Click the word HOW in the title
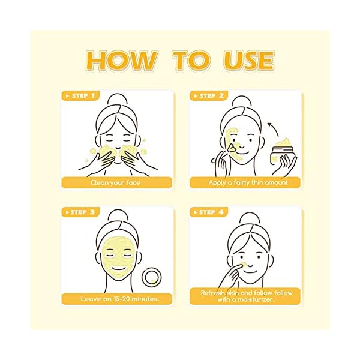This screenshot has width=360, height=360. (120, 61)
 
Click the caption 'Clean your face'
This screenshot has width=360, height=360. (116, 182)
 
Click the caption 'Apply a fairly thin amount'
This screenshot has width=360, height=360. (245, 182)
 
